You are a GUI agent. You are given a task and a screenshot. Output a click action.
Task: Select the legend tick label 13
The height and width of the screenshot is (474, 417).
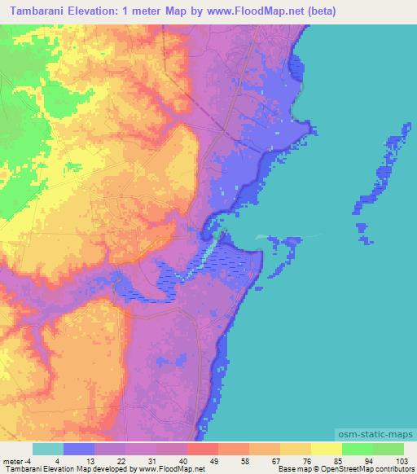pos(94,460)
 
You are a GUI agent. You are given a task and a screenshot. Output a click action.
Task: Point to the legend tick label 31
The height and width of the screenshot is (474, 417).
pos(156,460)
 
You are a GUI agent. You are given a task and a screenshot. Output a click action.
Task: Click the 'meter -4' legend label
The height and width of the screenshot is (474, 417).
pos(17,460)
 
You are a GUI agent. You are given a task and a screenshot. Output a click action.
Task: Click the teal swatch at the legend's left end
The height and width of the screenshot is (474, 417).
pos(47,449)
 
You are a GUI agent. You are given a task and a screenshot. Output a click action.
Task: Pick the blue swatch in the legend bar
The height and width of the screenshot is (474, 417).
pos(78,449)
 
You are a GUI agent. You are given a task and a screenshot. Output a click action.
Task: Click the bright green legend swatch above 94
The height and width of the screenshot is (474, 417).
pos(357,449)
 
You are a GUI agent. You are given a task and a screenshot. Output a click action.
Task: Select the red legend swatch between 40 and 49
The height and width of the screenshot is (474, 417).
pos(202,449)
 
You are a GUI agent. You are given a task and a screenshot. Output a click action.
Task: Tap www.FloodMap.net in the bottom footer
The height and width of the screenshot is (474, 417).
pos(171,470)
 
